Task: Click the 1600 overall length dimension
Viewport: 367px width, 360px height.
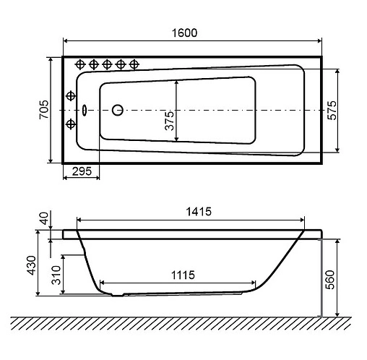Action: point(185,33)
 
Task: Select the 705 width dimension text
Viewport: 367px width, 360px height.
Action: point(43,110)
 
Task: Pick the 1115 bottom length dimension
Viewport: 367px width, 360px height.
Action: point(185,275)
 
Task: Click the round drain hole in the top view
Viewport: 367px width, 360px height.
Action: point(118,111)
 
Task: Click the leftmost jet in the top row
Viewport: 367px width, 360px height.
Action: point(81,64)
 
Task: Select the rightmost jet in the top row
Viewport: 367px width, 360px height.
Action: point(133,64)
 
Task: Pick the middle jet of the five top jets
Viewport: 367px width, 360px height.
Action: point(107,64)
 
